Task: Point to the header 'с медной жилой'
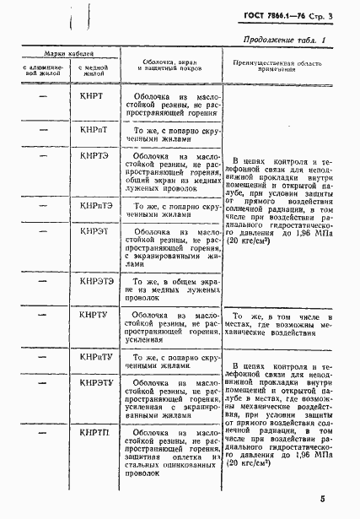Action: (x=92, y=70)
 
